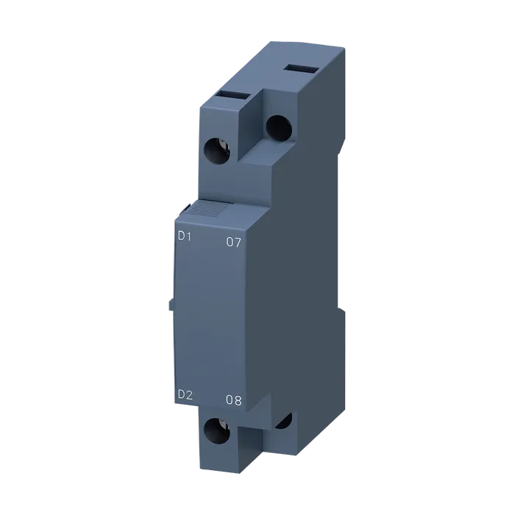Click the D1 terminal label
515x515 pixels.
tap(184, 236)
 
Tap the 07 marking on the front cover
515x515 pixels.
tap(234, 242)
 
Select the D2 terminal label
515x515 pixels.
tap(185, 395)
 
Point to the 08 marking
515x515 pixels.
tap(234, 400)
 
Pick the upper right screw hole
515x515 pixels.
tap(279, 128)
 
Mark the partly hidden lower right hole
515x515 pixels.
tap(285, 421)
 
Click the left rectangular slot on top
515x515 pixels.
tap(233, 96)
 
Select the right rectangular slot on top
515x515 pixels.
tap(302, 68)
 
